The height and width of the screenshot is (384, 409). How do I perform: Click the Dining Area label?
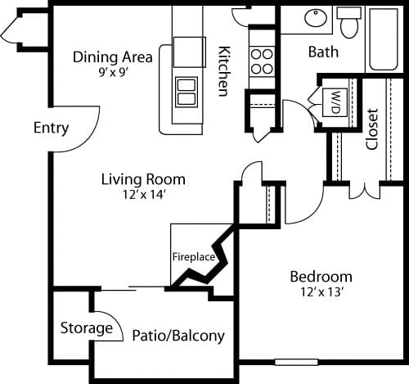point(112,56)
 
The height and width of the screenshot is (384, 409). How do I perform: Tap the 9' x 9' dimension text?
point(112,71)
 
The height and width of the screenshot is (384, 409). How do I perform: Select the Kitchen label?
point(222,70)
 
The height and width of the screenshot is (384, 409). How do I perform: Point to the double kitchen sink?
point(187,90)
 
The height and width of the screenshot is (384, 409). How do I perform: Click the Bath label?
point(323,52)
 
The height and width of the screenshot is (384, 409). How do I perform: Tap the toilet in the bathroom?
point(349,23)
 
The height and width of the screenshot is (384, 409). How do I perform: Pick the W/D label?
point(335,102)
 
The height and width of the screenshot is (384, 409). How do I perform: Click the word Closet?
point(372,129)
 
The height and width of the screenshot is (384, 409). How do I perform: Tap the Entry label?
point(51,129)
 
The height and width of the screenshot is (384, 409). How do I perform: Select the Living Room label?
point(143,178)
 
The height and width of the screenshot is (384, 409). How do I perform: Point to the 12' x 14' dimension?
point(143,194)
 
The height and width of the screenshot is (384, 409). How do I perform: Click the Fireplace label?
point(193,256)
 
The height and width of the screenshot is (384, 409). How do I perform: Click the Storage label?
point(86,328)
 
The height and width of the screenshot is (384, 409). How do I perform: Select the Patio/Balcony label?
point(178,336)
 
